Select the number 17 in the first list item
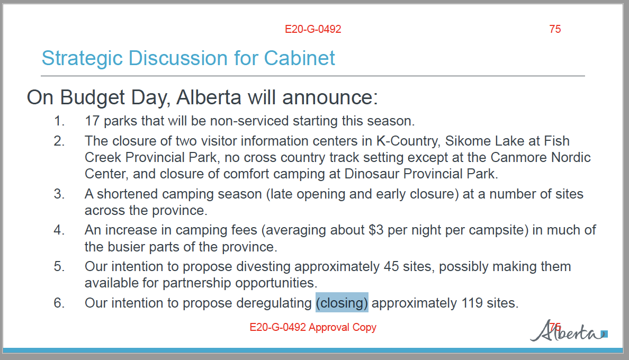coord(92,121)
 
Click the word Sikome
coord(464,141)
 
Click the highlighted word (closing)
coord(342,303)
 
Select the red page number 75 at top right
coord(555,29)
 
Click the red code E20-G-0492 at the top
coord(313,29)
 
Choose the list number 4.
coord(59,230)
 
